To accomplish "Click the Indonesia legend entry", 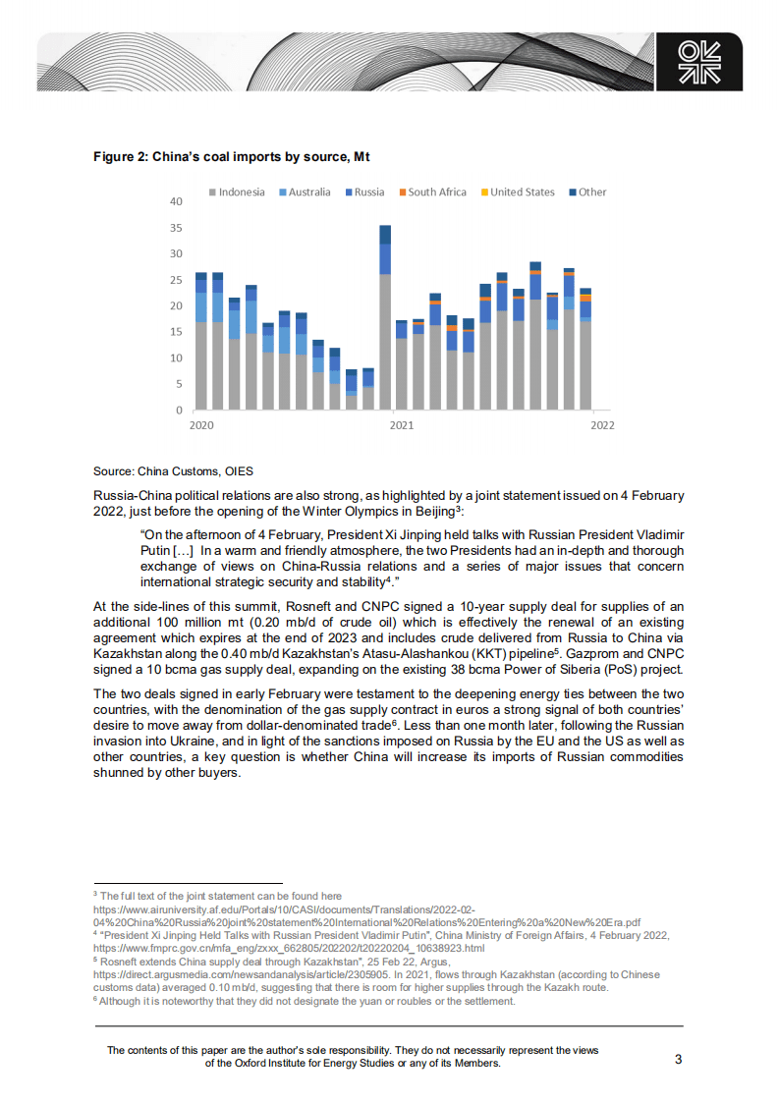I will coord(236,193).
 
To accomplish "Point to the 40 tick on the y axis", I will coord(176,201).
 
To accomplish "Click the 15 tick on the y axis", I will coord(176,332).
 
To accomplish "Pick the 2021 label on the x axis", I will coord(401,425).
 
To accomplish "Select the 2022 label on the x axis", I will coord(601,425).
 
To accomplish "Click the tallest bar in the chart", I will coord(385,317).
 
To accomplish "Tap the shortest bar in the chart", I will coord(352,390).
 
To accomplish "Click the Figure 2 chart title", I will coord(231,156).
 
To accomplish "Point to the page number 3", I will coord(678,1059).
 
